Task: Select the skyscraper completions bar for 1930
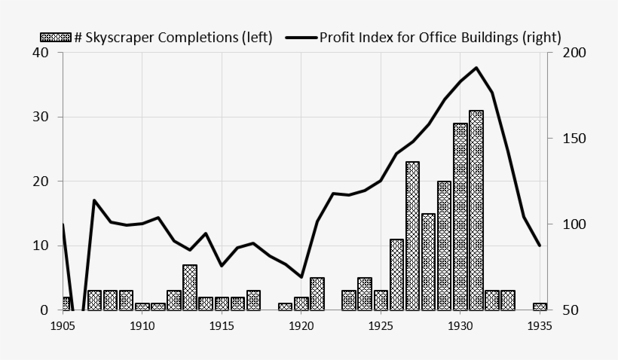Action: click(460, 217)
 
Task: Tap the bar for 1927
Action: click(412, 236)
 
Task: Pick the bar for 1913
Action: click(189, 288)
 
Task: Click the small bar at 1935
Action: click(540, 307)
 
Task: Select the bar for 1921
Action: click(317, 294)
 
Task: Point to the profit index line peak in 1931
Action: click(476, 68)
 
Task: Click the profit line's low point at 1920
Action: click(301, 277)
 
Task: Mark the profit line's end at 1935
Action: click(540, 246)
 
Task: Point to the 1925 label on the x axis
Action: click(381, 326)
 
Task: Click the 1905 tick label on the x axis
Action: click(63, 326)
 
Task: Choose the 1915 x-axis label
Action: click(222, 326)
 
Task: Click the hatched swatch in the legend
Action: click(55, 37)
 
